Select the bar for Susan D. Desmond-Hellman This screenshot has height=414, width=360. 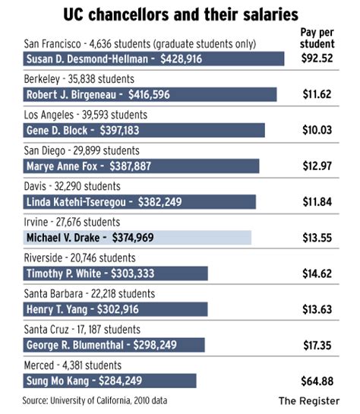[x=153, y=59]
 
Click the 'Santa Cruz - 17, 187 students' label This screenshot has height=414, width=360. [x=82, y=330]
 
